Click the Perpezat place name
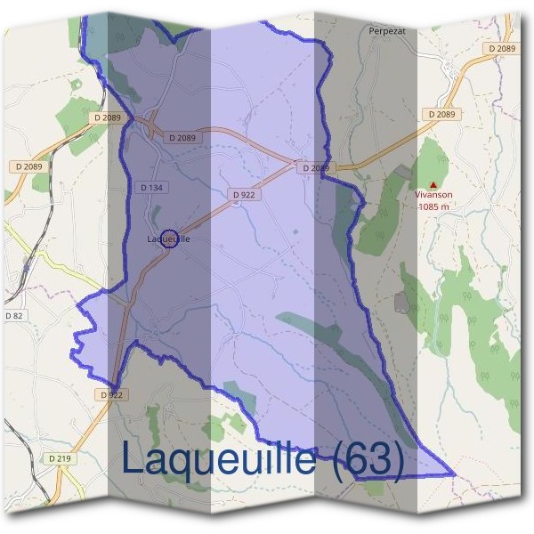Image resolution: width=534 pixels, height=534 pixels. tap(386, 29)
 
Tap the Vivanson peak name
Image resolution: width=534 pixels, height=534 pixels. tap(433, 195)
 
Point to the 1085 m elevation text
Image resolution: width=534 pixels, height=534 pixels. tap(433, 206)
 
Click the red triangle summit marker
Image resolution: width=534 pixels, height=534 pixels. tap(433, 184)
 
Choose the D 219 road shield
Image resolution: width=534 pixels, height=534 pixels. tap(60, 458)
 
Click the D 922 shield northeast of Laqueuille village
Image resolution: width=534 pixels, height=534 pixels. tap(243, 194)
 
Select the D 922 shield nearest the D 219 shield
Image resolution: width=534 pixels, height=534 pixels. tap(110, 394)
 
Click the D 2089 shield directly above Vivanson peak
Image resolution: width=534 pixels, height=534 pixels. tap(441, 114)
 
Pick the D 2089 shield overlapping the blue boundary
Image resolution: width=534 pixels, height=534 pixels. tap(315, 167)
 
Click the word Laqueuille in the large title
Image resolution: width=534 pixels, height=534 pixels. tap(218, 459)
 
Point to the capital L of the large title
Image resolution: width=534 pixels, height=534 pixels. tap(133, 459)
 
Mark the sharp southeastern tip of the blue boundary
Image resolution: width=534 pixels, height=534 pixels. tap(454, 473)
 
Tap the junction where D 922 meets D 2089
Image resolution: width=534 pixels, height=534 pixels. tap(296, 164)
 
